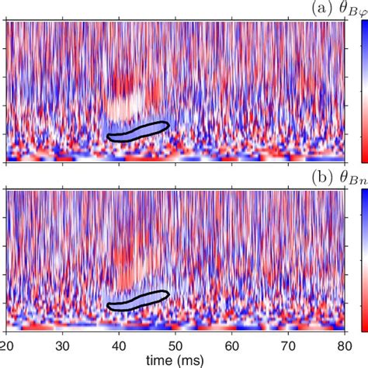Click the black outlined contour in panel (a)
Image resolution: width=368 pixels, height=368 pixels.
coord(138,131)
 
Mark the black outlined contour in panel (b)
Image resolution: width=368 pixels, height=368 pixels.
coord(138,300)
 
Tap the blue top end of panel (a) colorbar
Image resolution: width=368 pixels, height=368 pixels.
coord(362,27)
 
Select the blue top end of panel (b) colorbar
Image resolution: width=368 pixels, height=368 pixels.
coord(362,198)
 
